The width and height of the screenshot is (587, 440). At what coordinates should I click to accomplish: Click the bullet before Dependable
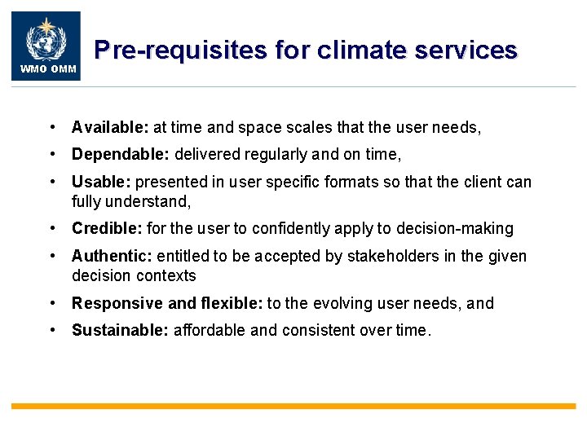tap(52, 154)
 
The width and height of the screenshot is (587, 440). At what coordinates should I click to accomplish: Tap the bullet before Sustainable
tap(52, 330)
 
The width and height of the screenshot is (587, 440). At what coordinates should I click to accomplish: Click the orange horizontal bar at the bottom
tap(293, 405)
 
